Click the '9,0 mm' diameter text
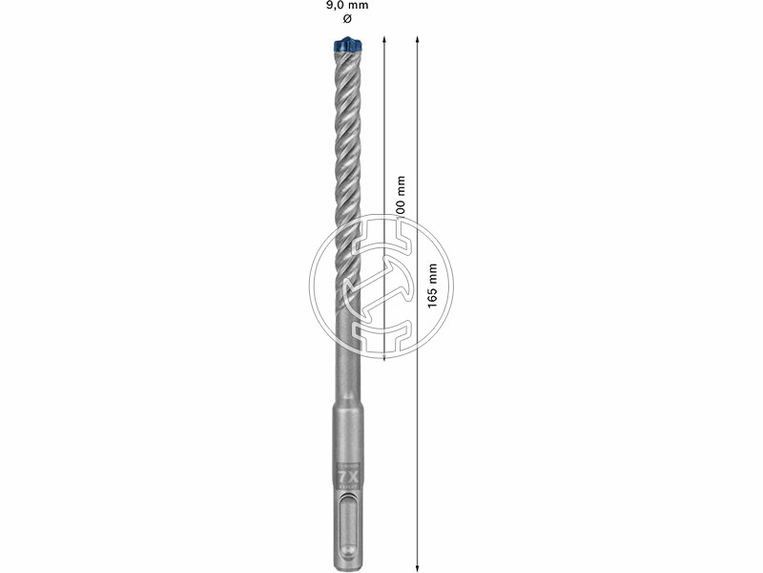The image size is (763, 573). click(345, 6)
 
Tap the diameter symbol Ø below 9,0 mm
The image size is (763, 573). click(345, 20)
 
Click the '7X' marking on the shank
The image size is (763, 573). click(344, 474)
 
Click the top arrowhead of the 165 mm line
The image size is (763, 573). click(418, 41)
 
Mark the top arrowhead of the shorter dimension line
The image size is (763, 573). click(384, 41)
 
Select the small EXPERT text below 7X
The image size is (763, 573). click(344, 486)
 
